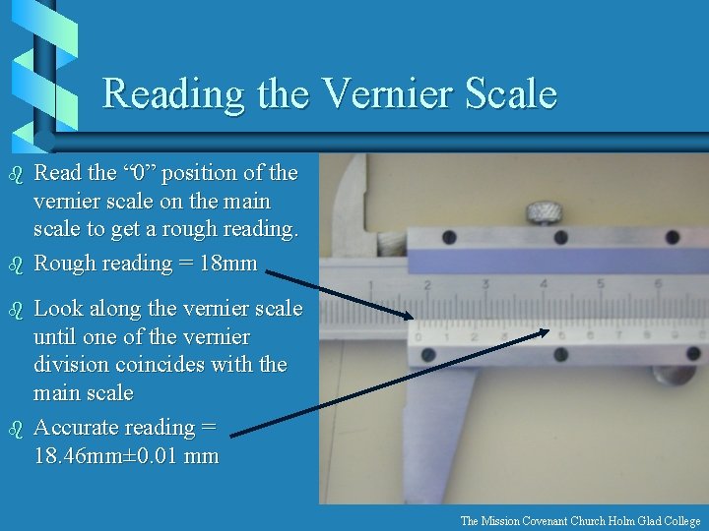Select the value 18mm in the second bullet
pos(228,264)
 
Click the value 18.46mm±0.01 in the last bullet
pos(97,456)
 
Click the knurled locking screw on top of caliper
pos(541,212)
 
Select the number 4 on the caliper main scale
pos(544,285)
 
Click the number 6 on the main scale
pos(658,286)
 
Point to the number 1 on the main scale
pos(370,287)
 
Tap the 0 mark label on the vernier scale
pos(419,337)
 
